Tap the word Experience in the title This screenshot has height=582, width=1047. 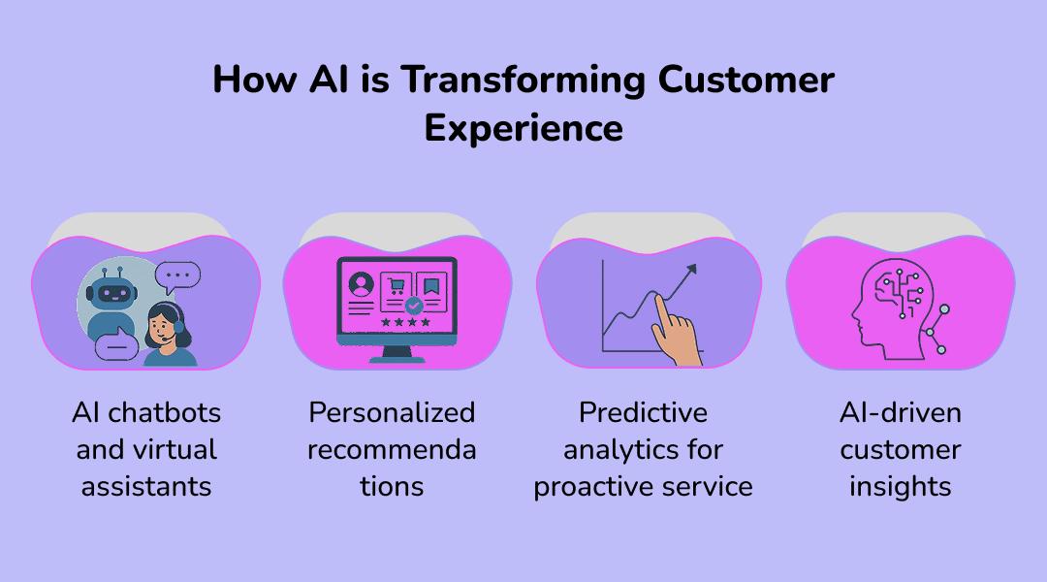(523, 128)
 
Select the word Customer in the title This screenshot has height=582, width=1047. (746, 80)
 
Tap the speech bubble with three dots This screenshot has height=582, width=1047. (177, 276)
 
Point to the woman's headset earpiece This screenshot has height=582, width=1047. (179, 328)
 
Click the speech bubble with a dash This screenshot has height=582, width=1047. (117, 344)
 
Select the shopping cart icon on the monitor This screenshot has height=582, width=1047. (397, 287)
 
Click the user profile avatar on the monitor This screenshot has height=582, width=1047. (362, 284)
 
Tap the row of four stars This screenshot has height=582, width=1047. (405, 323)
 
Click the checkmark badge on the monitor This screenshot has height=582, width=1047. (414, 306)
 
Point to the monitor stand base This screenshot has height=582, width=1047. (397, 359)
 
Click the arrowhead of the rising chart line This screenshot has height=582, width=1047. (691, 270)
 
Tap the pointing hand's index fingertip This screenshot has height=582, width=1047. (658, 298)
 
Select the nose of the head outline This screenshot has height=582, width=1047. (855, 312)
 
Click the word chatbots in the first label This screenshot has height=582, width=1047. (164, 413)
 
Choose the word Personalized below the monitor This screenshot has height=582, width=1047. (392, 413)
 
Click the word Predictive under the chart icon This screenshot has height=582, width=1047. (643, 413)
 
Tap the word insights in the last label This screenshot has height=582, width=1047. (900, 487)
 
